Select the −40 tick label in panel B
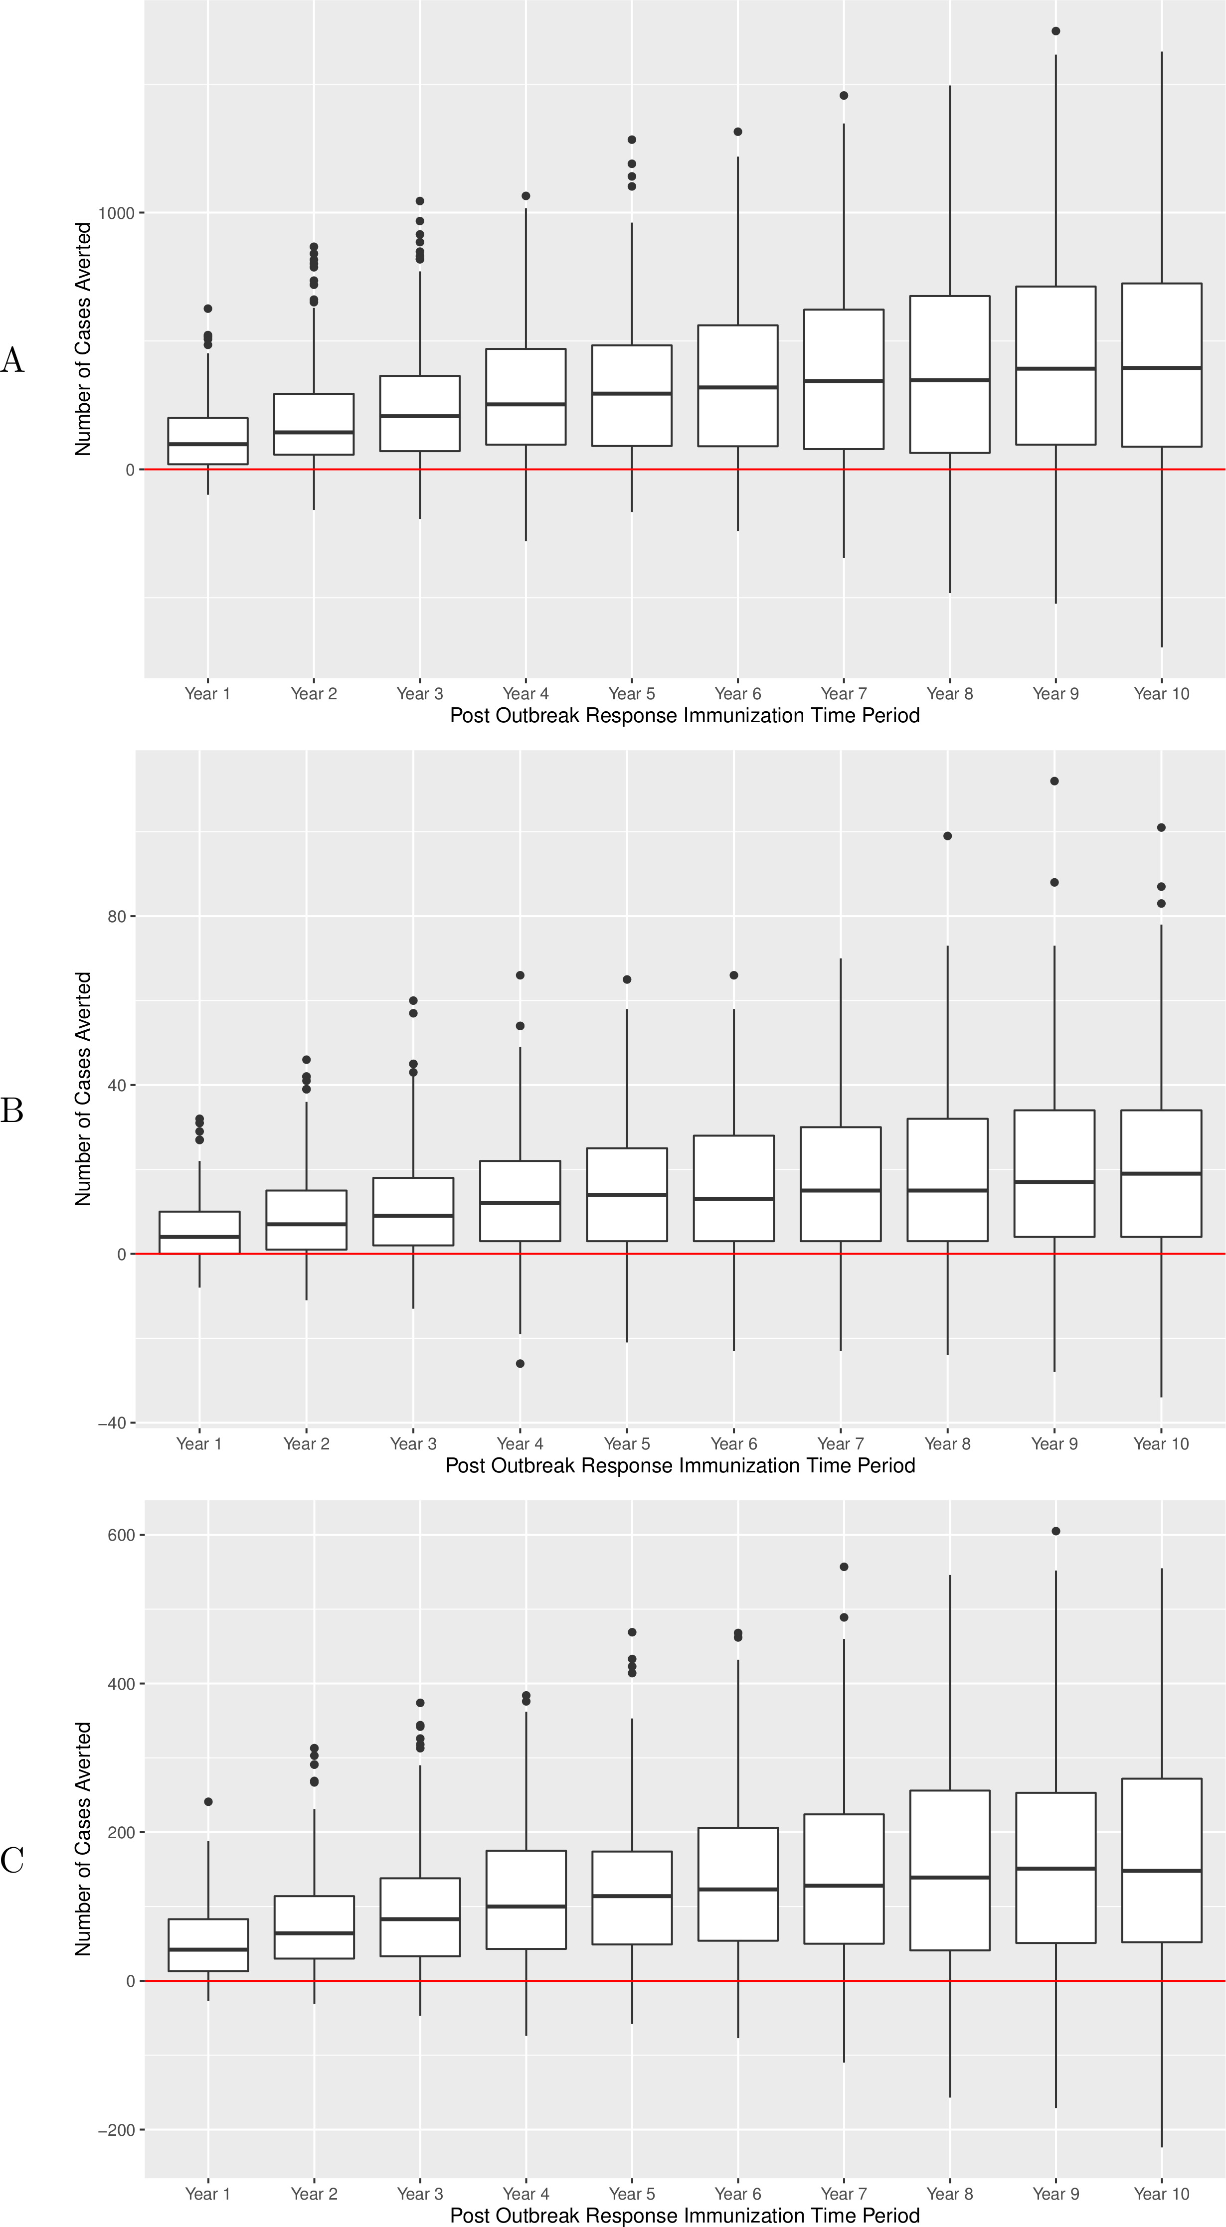point(112,1423)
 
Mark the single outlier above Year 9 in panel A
point(1055,31)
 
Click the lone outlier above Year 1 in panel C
point(208,1802)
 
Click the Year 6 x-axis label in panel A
point(737,693)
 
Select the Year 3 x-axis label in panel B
point(413,1444)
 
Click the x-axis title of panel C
point(685,2216)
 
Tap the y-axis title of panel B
point(83,1089)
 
